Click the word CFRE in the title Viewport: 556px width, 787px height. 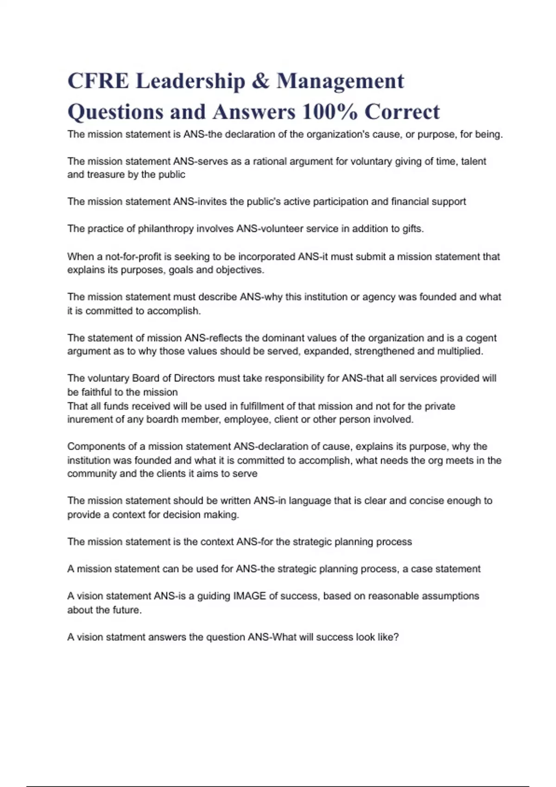coord(98,81)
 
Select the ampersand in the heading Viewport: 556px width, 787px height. coord(261,81)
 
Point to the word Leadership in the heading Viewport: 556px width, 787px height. coord(190,81)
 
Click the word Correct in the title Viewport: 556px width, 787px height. coord(402,112)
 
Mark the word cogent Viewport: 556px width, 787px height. coord(481,338)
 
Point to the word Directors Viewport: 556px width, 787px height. coord(194,378)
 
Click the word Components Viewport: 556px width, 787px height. coord(96,447)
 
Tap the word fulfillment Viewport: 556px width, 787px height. coord(268,406)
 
